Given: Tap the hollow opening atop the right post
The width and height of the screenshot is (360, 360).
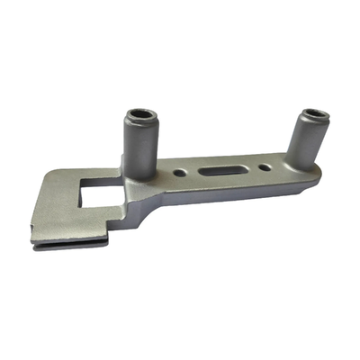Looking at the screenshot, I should point(314,115).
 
